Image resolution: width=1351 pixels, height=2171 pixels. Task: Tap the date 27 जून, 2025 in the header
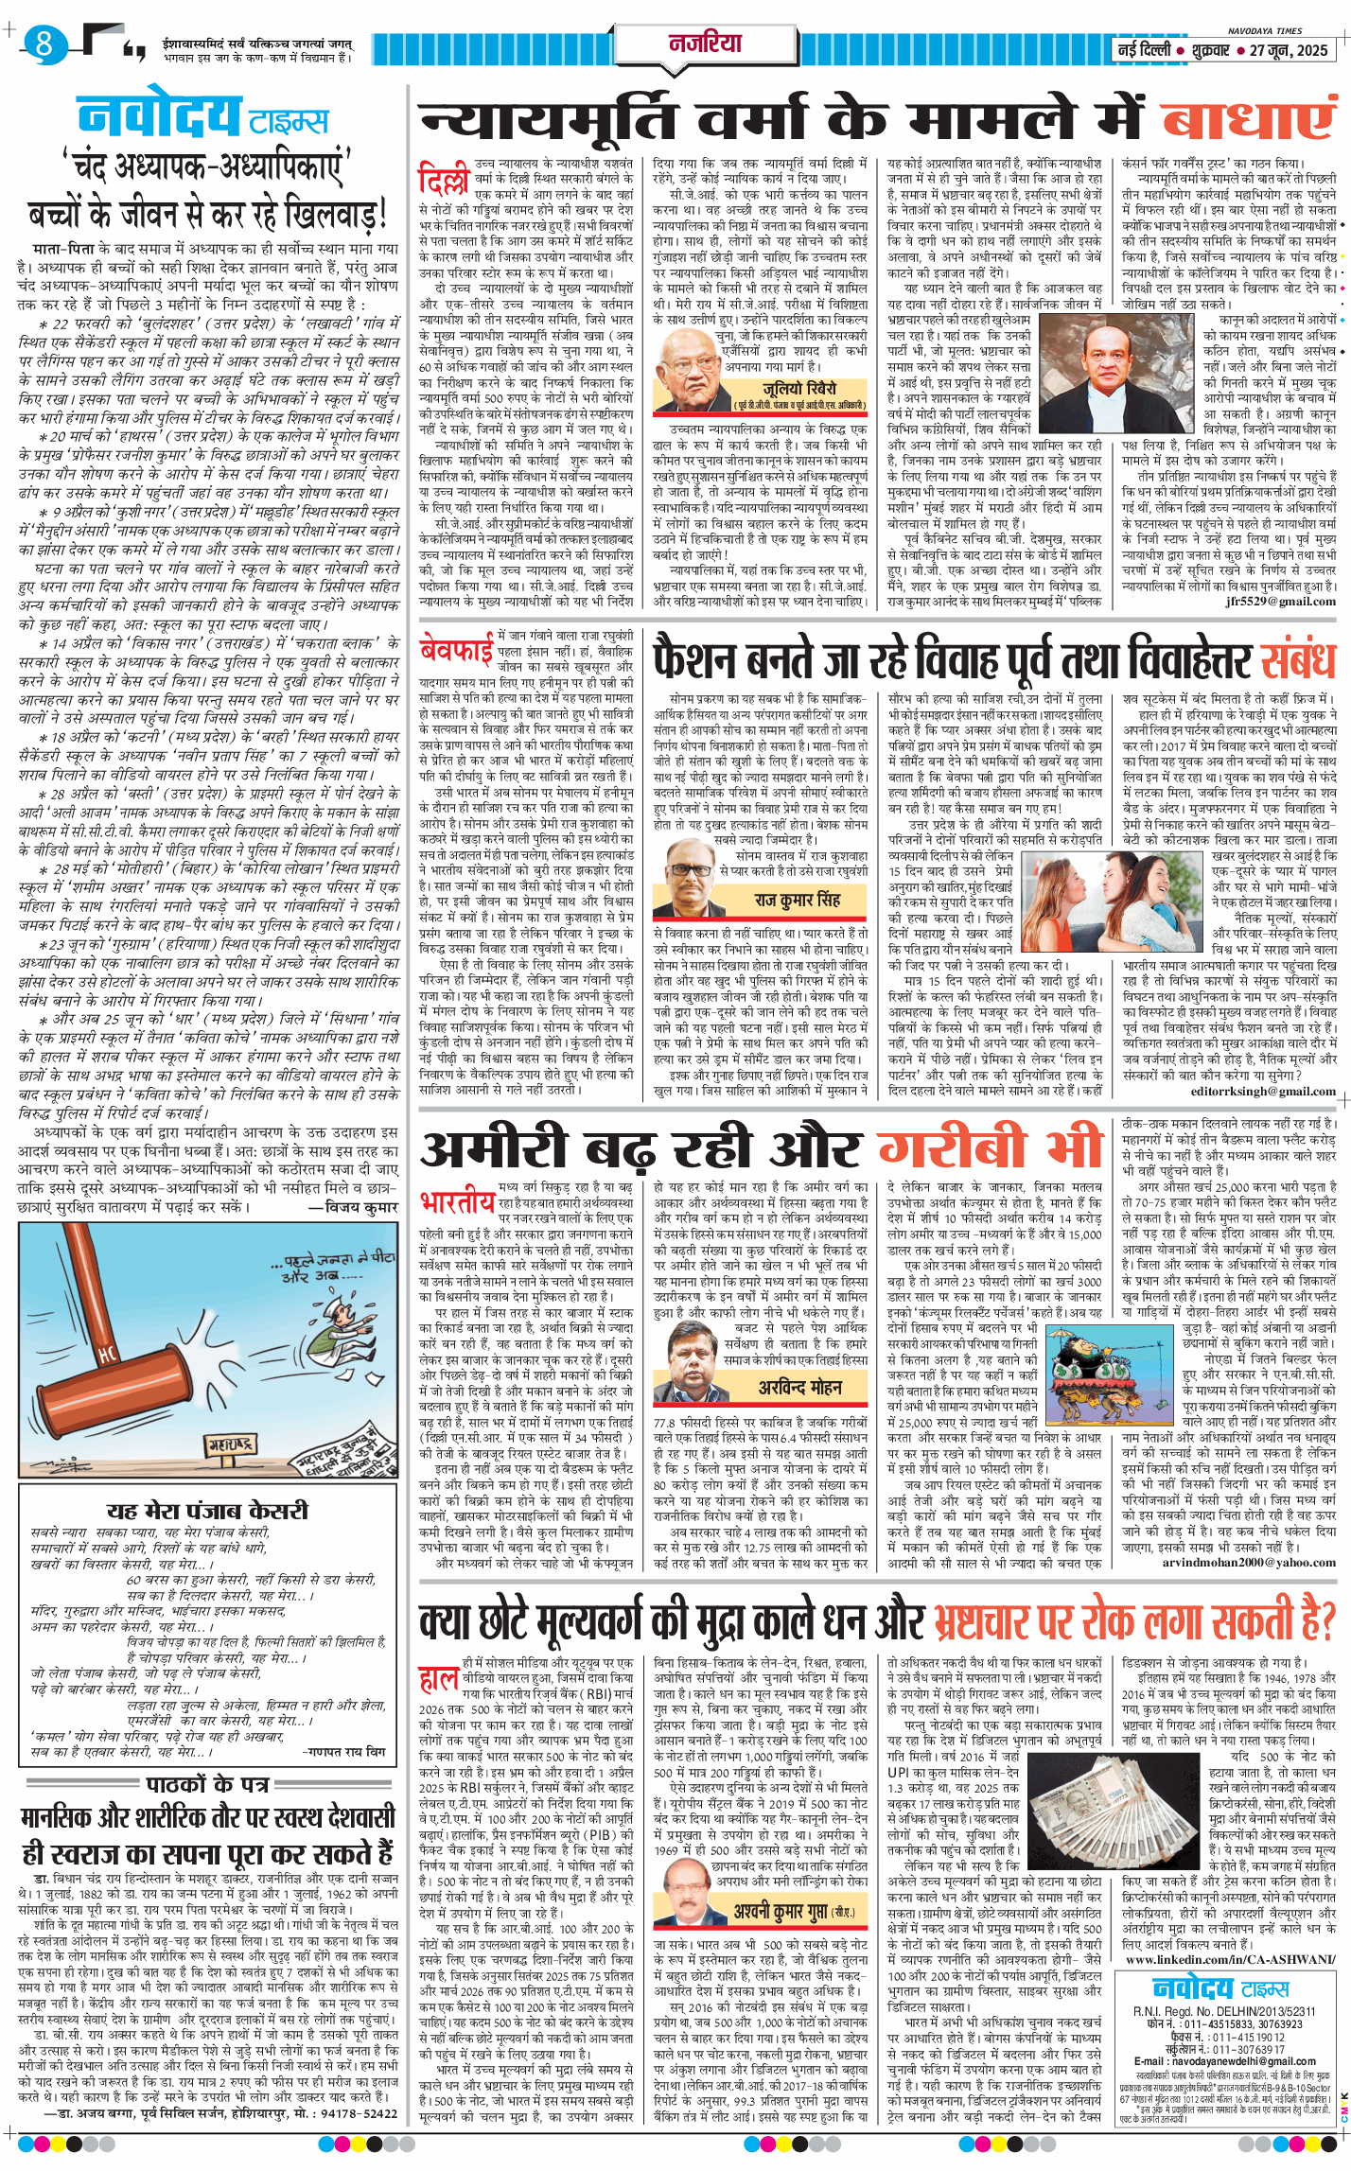[x=1289, y=50]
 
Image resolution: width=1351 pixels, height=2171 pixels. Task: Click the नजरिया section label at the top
[x=705, y=44]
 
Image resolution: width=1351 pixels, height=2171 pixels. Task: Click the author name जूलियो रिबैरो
[x=800, y=389]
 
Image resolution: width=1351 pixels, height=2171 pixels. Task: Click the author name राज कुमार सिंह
[x=797, y=900]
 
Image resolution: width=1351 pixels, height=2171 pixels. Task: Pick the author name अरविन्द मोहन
[x=799, y=1387]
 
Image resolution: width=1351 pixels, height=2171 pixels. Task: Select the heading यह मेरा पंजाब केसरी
[x=207, y=1511]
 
